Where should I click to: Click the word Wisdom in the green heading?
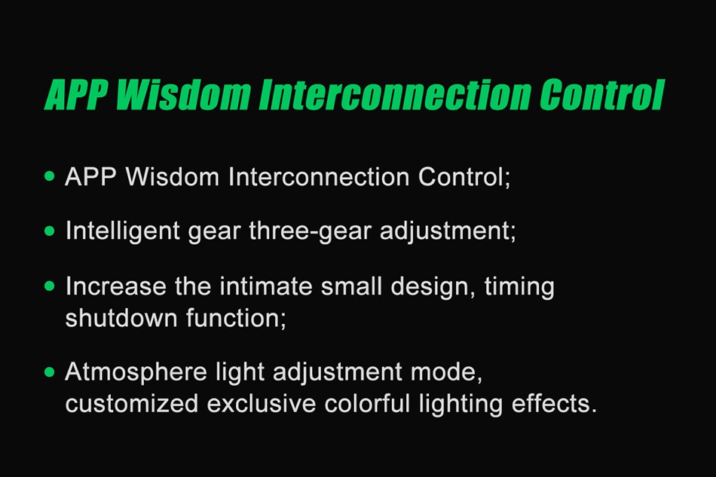184,95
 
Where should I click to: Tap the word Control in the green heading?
602,95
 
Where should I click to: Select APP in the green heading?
76,95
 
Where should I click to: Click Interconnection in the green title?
395,95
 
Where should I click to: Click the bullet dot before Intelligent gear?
50,231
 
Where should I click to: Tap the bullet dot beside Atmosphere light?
50,372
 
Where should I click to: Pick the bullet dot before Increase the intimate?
50,286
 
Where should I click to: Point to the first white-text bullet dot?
50,176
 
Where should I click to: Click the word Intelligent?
122,231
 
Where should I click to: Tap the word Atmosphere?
136,372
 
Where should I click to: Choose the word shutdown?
121,318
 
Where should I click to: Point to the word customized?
131,403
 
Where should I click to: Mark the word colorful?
367,403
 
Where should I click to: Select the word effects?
554,403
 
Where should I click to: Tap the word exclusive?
262,403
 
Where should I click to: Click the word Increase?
116,286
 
